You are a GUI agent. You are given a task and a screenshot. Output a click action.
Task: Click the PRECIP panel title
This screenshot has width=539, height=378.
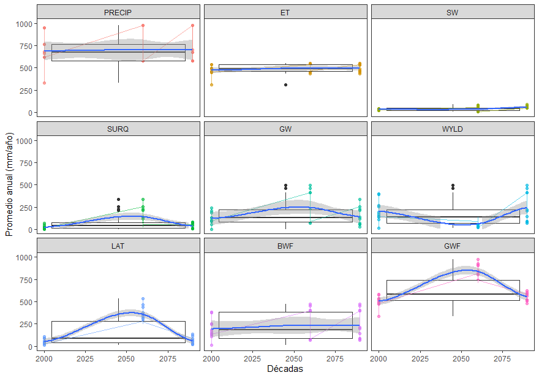(118, 12)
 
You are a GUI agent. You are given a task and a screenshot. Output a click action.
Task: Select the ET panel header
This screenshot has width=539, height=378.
(285, 12)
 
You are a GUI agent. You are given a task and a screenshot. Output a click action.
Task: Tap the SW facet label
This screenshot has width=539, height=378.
(453, 12)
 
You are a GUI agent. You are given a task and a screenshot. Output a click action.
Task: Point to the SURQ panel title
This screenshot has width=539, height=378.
(118, 129)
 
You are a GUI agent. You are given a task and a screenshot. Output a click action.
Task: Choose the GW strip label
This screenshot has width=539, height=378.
(285, 129)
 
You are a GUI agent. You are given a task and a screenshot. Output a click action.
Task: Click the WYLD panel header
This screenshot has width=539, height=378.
(453, 129)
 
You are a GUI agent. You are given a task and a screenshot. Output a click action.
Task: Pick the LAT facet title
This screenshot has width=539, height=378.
(118, 246)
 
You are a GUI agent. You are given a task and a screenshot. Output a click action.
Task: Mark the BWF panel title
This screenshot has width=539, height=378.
(285, 246)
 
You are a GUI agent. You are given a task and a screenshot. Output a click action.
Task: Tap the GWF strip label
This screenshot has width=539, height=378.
(453, 246)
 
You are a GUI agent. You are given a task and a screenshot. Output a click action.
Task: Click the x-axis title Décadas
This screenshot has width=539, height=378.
(285, 369)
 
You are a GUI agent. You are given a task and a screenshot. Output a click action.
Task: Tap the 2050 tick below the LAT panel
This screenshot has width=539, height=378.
(126, 357)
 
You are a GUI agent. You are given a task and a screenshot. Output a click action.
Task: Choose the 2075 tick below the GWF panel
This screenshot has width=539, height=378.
(503, 357)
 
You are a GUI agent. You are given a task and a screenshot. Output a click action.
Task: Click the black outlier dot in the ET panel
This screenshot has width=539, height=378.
(285, 85)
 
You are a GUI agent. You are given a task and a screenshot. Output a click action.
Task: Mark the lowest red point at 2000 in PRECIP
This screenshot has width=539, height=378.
(44, 83)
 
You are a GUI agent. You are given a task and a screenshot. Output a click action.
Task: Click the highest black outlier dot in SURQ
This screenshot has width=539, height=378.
(118, 200)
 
